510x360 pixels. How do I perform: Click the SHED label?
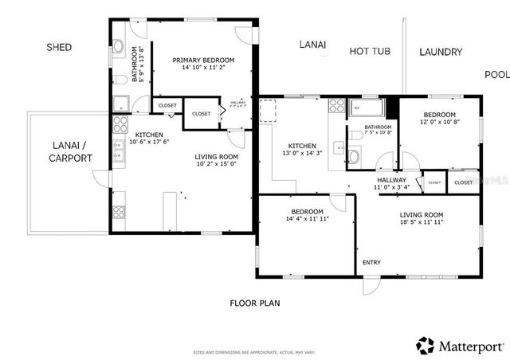(x=59, y=48)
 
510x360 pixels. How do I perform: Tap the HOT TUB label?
(x=370, y=52)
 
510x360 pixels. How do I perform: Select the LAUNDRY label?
(x=440, y=53)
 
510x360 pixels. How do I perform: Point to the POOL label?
(x=496, y=75)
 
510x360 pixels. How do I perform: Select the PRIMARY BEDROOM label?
(x=204, y=61)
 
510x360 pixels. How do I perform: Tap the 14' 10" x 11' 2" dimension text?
(x=204, y=69)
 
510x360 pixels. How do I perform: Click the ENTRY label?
(x=371, y=262)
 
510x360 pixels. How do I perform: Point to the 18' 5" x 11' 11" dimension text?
(x=422, y=224)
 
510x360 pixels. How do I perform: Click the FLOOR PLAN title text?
(x=255, y=303)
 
